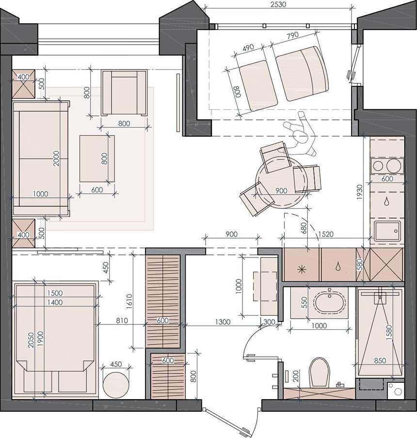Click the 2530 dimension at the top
point(278,5)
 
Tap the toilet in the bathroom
point(320,372)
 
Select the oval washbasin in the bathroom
point(330,303)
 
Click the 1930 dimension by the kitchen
point(359,192)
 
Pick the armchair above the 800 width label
point(124,93)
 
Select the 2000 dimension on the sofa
point(56,159)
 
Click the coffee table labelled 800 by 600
point(97,159)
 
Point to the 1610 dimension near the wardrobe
point(129,301)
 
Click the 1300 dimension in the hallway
point(223,322)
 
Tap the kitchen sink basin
point(387,231)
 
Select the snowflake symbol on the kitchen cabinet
point(301,270)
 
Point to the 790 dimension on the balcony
point(293,36)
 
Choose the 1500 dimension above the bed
point(55,293)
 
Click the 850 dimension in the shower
point(380,360)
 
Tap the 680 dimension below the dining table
point(304,228)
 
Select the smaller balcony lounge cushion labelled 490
point(258,86)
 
